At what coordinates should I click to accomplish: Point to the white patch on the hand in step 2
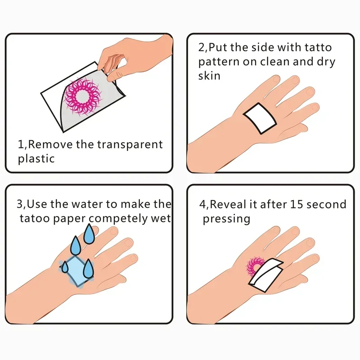coord(260,117)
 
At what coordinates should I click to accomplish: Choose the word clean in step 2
coord(275,62)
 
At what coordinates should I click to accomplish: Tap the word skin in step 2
coord(209,75)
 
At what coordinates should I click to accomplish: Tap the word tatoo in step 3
coord(34,218)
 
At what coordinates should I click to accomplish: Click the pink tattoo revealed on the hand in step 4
coord(255,267)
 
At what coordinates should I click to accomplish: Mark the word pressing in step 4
coord(226,219)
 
